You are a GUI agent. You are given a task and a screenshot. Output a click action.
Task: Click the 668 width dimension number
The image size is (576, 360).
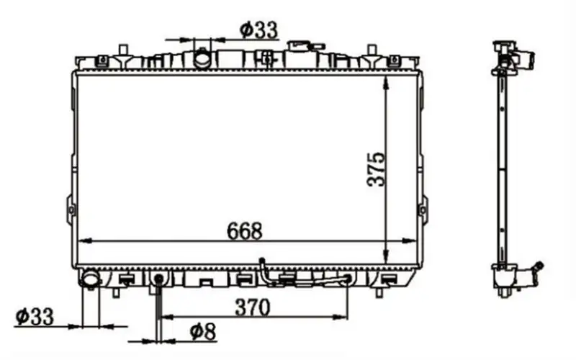pos(244,230)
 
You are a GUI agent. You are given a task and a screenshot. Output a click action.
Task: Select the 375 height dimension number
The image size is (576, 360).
pos(376,169)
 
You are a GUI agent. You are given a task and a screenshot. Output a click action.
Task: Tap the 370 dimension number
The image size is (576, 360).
pos(253,307)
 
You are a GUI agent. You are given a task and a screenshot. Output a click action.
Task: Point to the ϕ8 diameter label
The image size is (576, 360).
pos(203,332)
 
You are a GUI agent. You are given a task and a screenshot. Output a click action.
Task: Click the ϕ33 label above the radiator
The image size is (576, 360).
pos(259,30)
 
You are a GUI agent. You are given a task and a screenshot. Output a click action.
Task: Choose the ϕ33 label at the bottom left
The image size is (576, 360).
pos(35,316)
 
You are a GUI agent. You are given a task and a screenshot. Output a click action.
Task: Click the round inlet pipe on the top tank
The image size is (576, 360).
pos(202,58)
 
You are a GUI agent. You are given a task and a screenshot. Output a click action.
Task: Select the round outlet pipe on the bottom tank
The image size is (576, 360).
pos(90,279)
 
